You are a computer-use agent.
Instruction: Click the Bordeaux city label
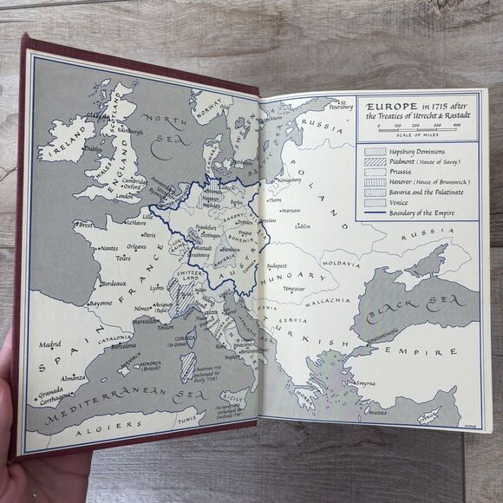click(x=114, y=284)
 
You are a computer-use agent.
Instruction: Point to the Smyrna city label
click(x=365, y=382)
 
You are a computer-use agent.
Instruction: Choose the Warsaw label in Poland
click(x=291, y=210)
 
